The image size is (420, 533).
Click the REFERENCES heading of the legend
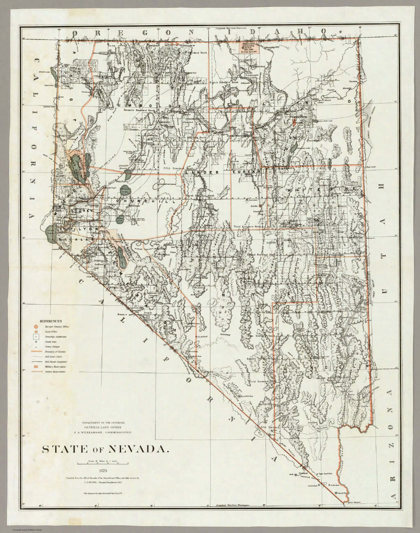tap(51, 321)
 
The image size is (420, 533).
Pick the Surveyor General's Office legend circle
tap(36, 327)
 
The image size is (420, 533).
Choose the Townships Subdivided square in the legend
tap(36, 337)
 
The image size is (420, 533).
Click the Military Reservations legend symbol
tap(36, 366)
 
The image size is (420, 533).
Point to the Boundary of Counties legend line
tap(36, 352)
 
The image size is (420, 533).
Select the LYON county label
tap(92, 230)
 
